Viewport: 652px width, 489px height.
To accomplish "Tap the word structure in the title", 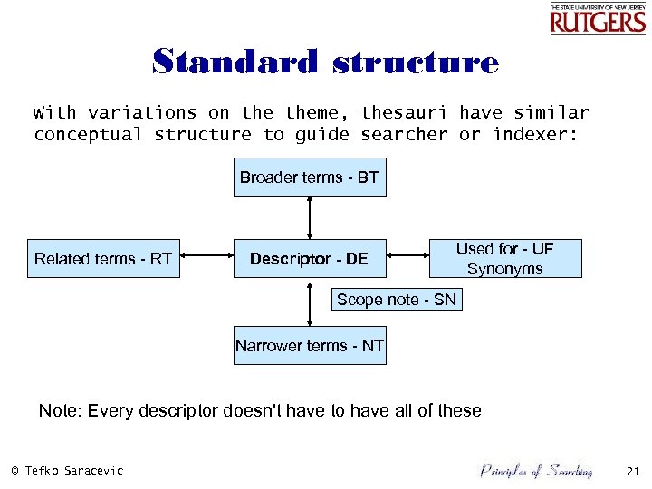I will point(416,62).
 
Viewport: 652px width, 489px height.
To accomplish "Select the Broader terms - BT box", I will point(309,177).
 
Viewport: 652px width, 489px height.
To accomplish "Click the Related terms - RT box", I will point(102,259).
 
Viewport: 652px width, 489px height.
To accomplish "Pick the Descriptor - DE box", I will point(309,259).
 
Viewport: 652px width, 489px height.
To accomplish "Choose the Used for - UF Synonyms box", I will point(504,259).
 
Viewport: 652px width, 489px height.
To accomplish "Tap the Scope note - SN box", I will point(397,300).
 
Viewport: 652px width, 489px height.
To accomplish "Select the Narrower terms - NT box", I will point(310,346).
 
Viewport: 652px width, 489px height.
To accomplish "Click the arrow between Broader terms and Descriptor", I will point(310,217).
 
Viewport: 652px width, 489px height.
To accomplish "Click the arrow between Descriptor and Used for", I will point(407,259).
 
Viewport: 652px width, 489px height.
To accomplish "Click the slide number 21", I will point(633,470).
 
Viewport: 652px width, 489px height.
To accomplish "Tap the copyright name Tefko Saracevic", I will point(73,470).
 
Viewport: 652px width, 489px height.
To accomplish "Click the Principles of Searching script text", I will point(536,470).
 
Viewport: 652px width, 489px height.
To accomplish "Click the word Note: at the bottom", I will point(60,411).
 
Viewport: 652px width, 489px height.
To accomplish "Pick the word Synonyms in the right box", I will point(504,269).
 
